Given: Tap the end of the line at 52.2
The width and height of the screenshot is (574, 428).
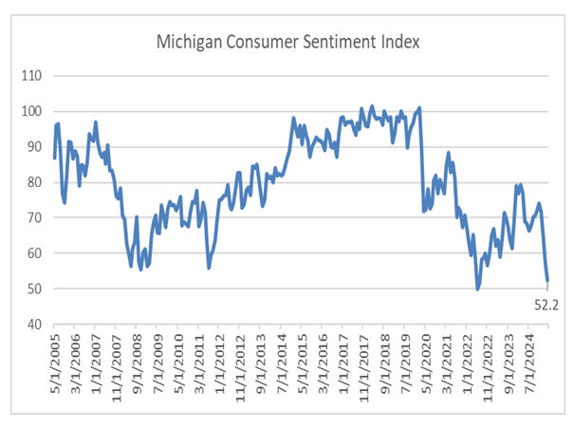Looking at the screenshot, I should tap(547, 281).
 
